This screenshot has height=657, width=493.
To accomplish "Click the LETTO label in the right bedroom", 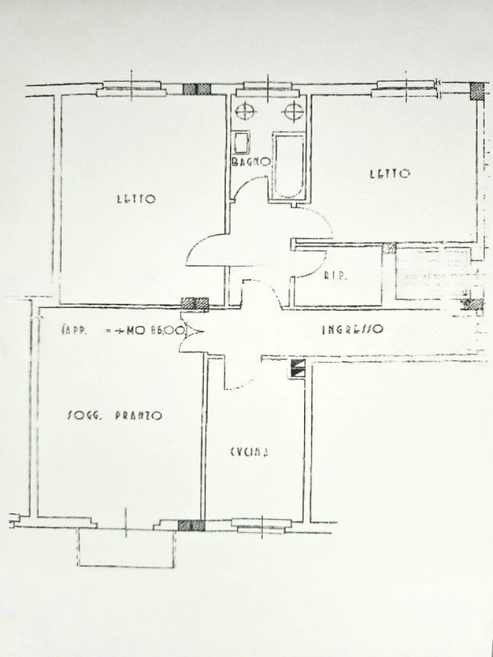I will pyautogui.click(x=389, y=173).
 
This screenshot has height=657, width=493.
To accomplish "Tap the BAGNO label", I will pyautogui.click(x=250, y=162).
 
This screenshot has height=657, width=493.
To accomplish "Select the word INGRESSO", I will pyautogui.click(x=352, y=330).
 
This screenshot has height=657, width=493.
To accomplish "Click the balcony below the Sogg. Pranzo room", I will pyautogui.click(x=127, y=548).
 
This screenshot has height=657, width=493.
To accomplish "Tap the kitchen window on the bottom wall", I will pyautogui.click(x=262, y=523).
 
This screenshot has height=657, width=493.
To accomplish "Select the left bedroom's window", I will pyautogui.click(x=132, y=88).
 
